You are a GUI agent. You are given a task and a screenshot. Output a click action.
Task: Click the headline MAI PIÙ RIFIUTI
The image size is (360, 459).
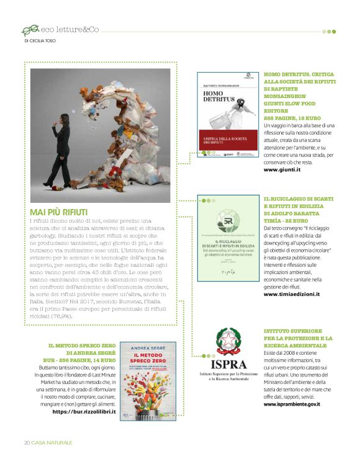point(59,212)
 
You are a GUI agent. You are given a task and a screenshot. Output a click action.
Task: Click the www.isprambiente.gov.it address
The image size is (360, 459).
point(292,404)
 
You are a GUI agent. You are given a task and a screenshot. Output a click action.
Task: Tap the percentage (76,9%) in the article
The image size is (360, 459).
point(60,316)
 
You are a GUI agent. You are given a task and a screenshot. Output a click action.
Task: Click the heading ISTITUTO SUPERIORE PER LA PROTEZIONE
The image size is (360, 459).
point(298,335)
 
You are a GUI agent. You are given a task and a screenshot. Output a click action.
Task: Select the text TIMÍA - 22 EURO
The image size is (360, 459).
point(288,220)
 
